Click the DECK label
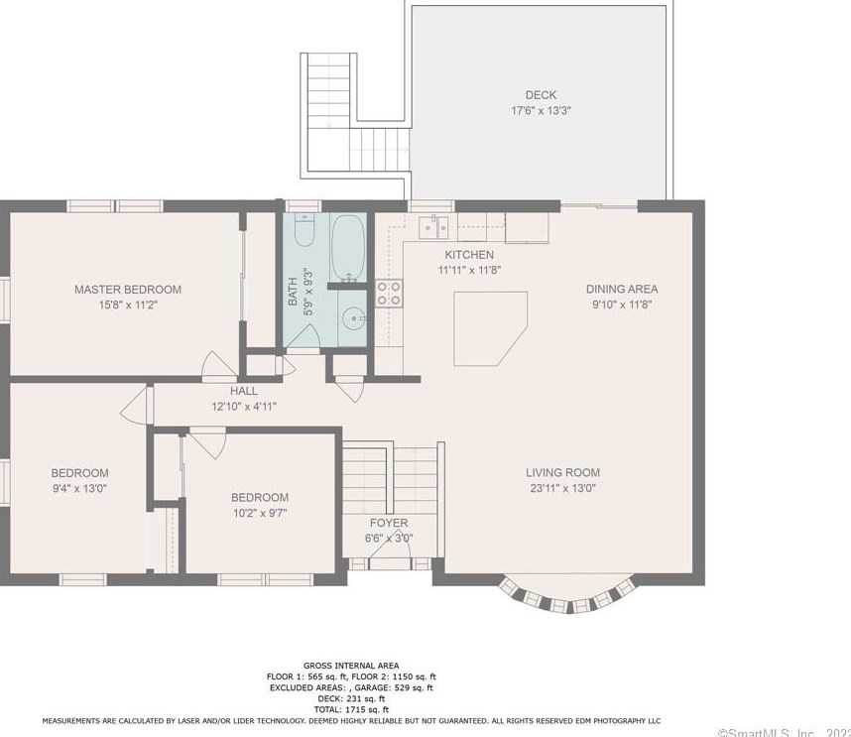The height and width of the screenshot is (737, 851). click(x=541, y=95)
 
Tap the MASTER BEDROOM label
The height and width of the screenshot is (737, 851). click(x=128, y=290)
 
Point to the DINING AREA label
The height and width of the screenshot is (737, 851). click(x=622, y=290)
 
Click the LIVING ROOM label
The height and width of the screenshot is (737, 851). click(x=562, y=473)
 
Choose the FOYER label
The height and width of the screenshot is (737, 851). click(x=389, y=523)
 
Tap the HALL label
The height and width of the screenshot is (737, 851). click(x=244, y=391)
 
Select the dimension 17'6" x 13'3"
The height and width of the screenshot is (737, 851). click(x=541, y=111)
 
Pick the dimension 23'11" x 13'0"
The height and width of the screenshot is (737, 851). click(x=562, y=488)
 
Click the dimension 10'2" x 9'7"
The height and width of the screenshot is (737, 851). click(x=260, y=513)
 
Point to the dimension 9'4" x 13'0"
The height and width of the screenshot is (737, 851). click(x=80, y=488)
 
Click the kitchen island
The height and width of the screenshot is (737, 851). click(x=489, y=328)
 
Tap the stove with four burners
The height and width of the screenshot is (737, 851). click(x=389, y=293)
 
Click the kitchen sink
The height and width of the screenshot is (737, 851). click(x=434, y=228)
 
